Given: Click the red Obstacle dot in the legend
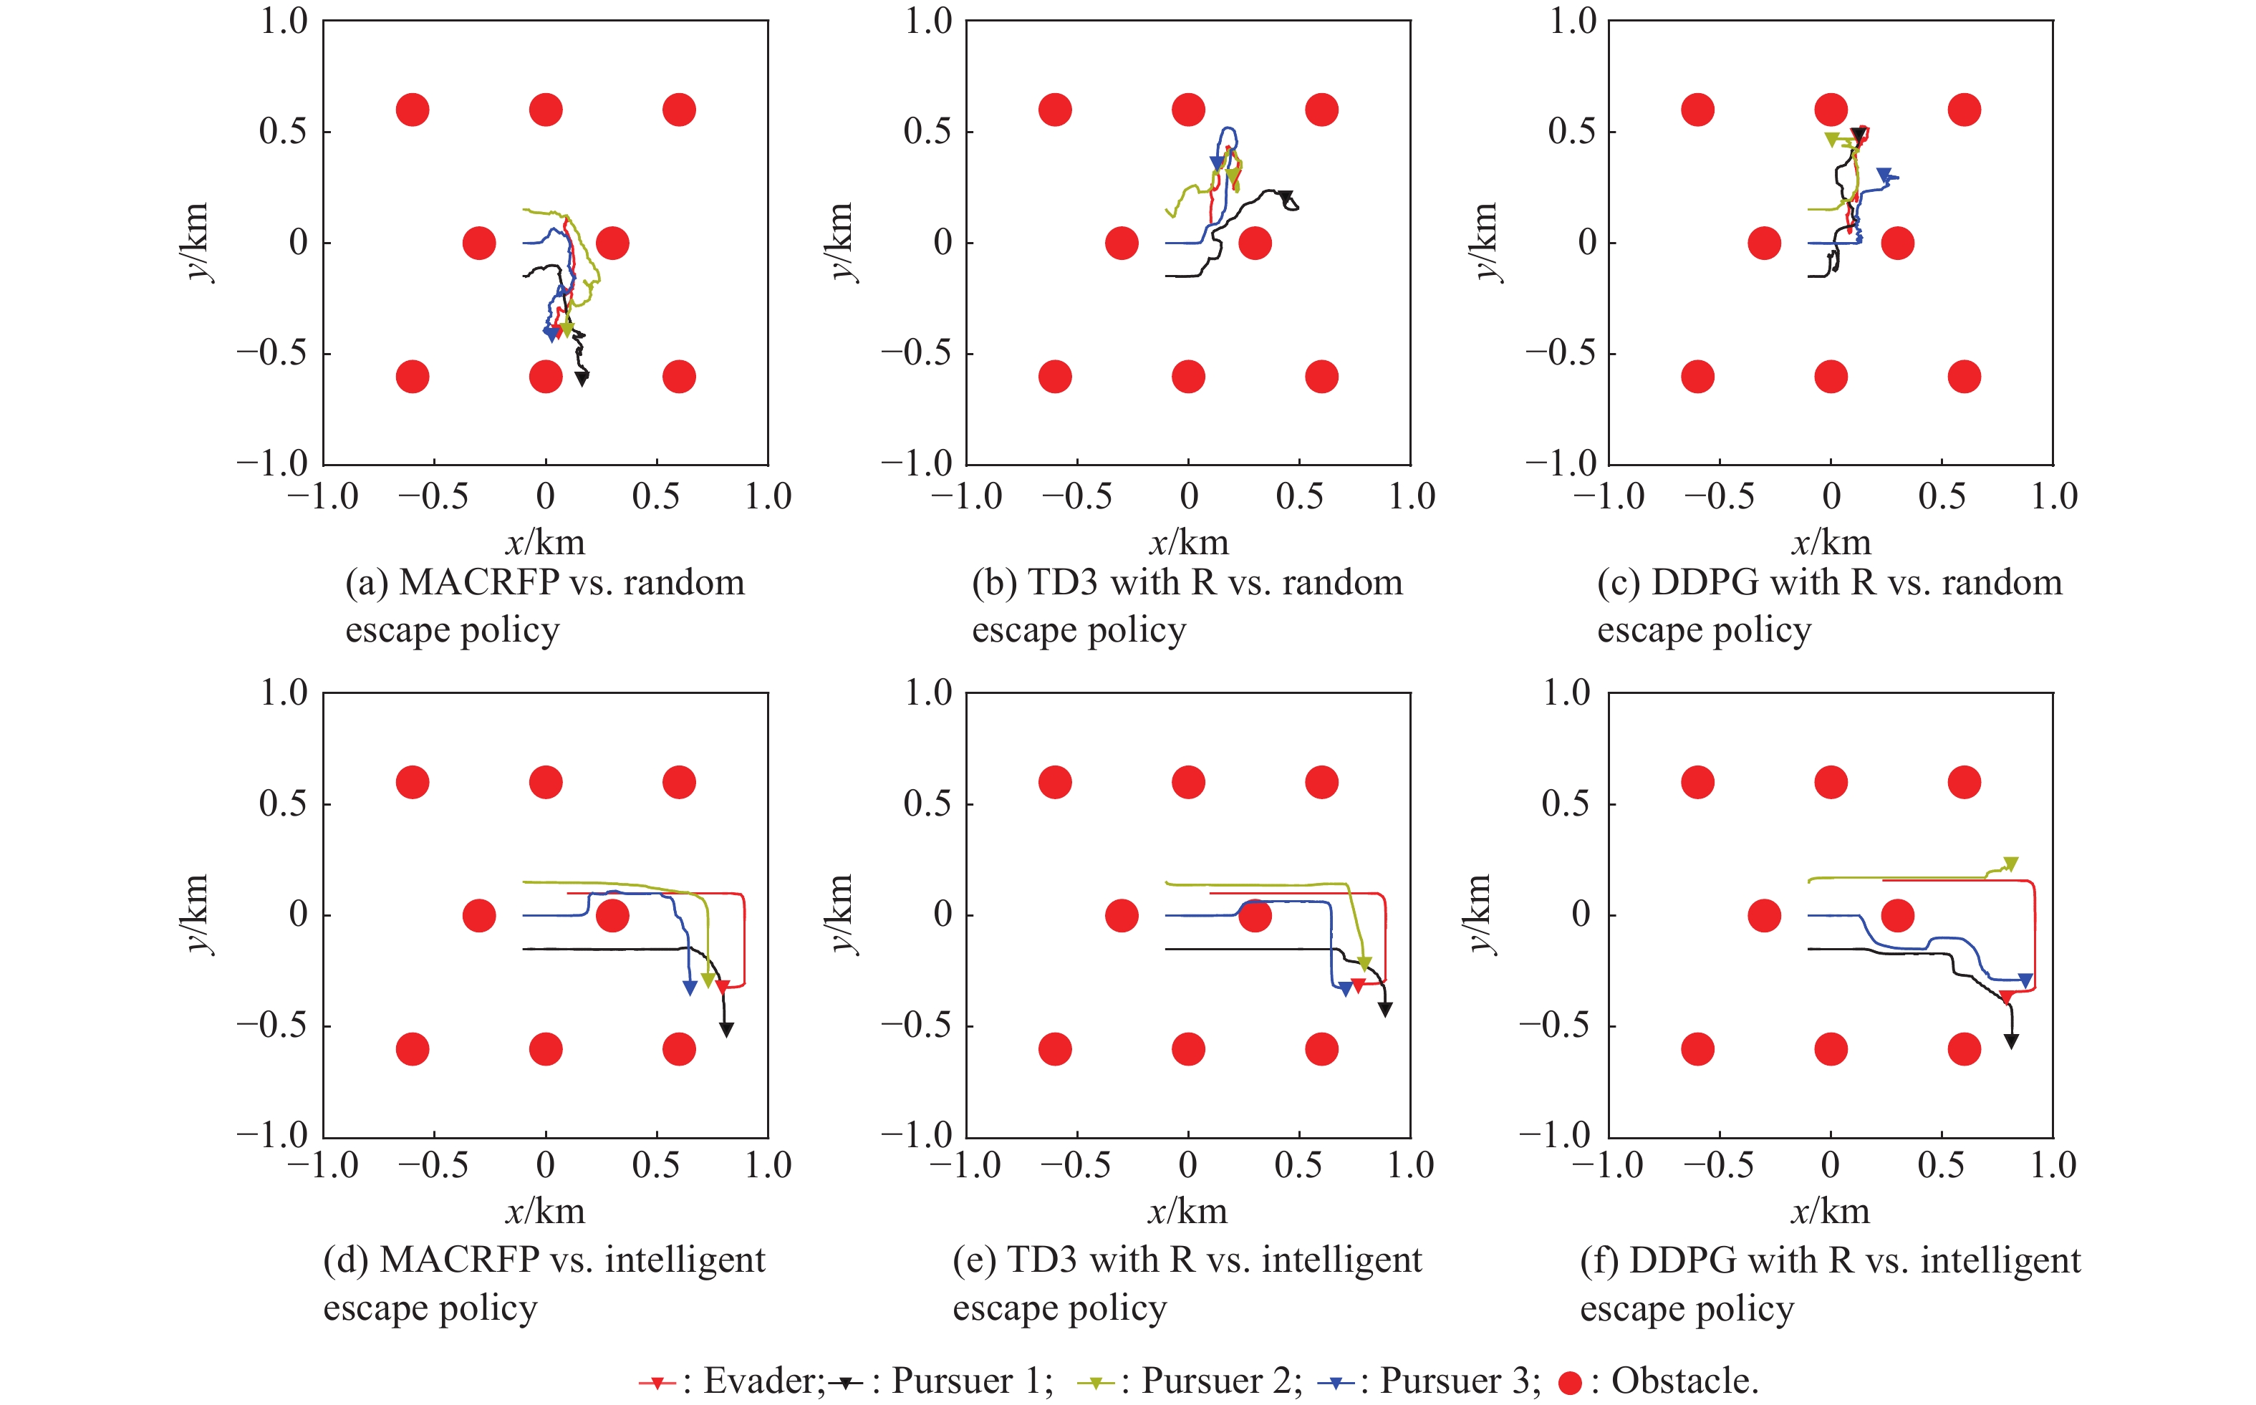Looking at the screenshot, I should pyautogui.click(x=1569, y=1383).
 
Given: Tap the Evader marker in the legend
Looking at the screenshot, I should pyautogui.click(x=657, y=1383).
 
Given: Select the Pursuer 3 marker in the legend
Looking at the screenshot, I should pyautogui.click(x=1337, y=1383).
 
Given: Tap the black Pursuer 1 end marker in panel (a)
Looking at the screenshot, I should pyautogui.click(x=582, y=378).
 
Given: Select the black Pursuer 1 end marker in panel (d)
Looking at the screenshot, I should pyautogui.click(x=727, y=1030).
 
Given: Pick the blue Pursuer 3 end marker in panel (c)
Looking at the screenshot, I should pyautogui.click(x=1884, y=175).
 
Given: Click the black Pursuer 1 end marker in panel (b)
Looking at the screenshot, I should pyautogui.click(x=1286, y=197).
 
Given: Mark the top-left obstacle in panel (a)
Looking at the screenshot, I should pyautogui.click(x=413, y=110).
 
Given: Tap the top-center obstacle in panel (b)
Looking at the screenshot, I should pyautogui.click(x=1188, y=110).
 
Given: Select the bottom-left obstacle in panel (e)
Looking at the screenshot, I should pyautogui.click(x=1055, y=1049).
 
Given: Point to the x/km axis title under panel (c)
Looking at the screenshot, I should pyautogui.click(x=1831, y=543).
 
